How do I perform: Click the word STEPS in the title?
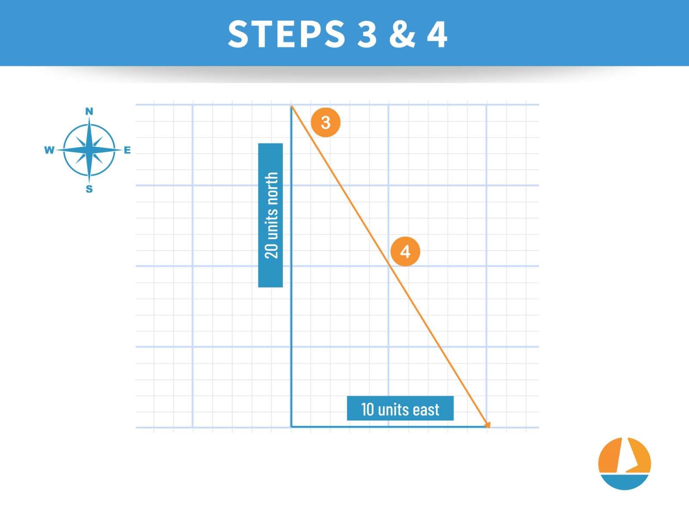click(x=287, y=34)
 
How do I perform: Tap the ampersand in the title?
click(x=403, y=34)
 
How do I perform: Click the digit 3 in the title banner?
click(x=367, y=34)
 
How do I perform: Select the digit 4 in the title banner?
click(x=437, y=34)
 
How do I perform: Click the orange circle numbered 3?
click(x=326, y=122)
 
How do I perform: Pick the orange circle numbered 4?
click(x=405, y=251)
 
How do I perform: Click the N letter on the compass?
click(x=89, y=112)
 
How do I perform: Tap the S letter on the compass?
click(x=89, y=189)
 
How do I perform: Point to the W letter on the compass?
click(x=49, y=150)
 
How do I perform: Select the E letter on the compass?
click(x=127, y=150)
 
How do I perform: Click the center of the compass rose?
click(x=89, y=150)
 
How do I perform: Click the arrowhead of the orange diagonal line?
click(x=487, y=425)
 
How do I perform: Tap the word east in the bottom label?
click(x=426, y=410)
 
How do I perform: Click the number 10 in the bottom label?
click(x=367, y=409)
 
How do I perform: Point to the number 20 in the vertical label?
click(x=272, y=251)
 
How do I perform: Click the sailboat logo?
click(x=624, y=464)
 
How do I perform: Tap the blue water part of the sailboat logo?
click(x=624, y=482)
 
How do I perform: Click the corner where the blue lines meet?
click(x=292, y=427)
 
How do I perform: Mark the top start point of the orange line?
click(x=292, y=106)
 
